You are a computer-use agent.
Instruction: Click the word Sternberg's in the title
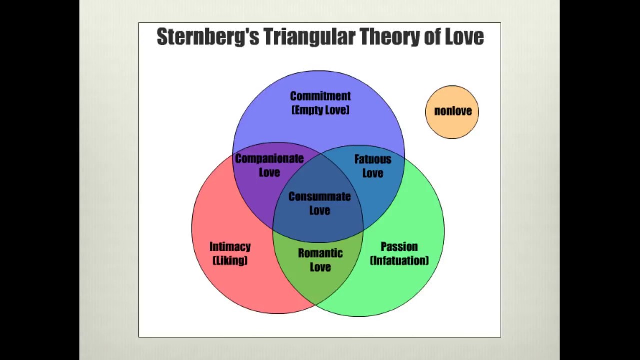(x=208, y=37)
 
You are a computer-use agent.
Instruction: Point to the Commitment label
(x=320, y=96)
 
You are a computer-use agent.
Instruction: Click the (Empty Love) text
(x=320, y=110)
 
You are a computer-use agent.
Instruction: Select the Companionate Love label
(x=269, y=165)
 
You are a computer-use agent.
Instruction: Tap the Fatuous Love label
(x=372, y=166)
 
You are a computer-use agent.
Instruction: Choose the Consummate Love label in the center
(x=319, y=203)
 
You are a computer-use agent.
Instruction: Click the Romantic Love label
(x=320, y=260)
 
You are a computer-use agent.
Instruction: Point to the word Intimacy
(x=230, y=246)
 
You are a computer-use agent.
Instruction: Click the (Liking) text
(x=230, y=260)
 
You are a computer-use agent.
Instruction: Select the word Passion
(x=399, y=246)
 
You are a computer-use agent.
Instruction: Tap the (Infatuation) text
(x=399, y=260)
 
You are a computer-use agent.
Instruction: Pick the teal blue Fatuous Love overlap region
(x=385, y=190)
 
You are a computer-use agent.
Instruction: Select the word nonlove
(x=453, y=111)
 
